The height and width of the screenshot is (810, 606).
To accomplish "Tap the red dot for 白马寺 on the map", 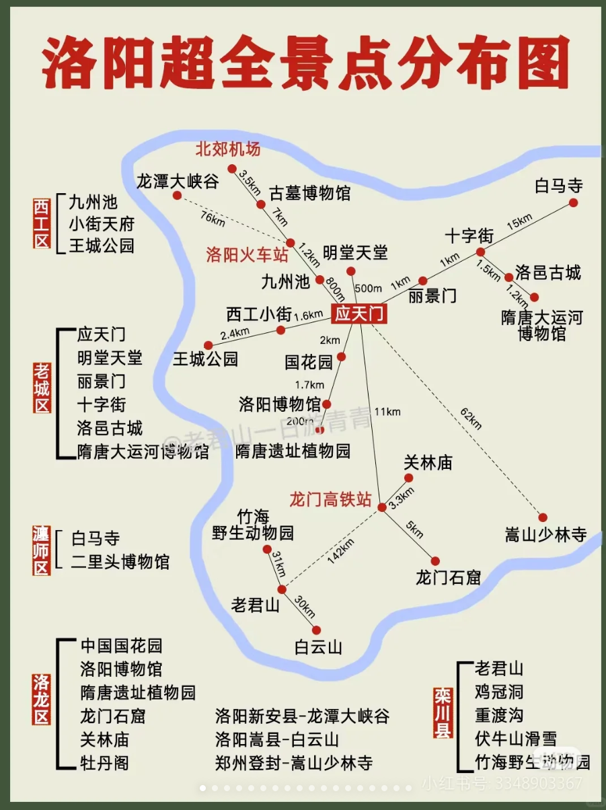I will tap(573, 202).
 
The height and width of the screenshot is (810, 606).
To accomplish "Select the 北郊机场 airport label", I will tap(228, 148).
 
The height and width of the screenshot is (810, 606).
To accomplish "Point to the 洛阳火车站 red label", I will tap(247, 255).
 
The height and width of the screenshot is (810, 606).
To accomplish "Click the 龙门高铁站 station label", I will tap(330, 499).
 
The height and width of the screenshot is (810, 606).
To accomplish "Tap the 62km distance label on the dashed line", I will tap(471, 418).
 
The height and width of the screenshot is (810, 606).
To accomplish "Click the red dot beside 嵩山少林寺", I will tap(543, 517).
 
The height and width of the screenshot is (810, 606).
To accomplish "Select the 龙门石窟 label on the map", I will tap(448, 577).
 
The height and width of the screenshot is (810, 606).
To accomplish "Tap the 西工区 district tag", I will tap(42, 223).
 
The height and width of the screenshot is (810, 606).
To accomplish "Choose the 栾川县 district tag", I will tap(442, 712).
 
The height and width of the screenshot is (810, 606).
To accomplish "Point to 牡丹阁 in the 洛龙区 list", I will tap(104, 763).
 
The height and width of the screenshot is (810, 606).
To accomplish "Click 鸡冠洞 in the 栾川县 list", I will tap(498, 692).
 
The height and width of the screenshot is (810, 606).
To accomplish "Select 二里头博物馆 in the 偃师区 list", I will tap(120, 562).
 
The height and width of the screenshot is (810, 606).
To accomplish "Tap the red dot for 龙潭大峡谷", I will tap(177, 195).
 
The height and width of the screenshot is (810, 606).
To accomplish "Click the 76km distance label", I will tap(213, 218).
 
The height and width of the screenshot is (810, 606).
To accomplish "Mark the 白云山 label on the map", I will tap(318, 647).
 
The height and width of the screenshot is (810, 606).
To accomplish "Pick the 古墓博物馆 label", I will tap(310, 194).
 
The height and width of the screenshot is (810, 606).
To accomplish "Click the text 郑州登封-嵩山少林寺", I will tap(294, 763).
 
